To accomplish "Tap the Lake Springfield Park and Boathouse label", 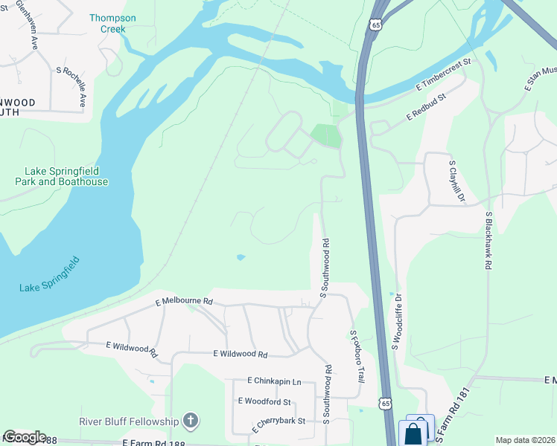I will coord(61,176).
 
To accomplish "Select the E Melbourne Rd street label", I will coord(184,302).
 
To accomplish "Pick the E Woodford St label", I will coord(264,401).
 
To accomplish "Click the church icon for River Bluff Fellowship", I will coord(191,422).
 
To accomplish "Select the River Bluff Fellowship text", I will coord(130,422).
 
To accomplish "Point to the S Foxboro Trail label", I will coord(357,357).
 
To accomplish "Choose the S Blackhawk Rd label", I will coord(488,243).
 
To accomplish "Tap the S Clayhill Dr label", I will coord(455,181).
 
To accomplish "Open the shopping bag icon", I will coord(413,433).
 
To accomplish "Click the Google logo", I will coord(24,437).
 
